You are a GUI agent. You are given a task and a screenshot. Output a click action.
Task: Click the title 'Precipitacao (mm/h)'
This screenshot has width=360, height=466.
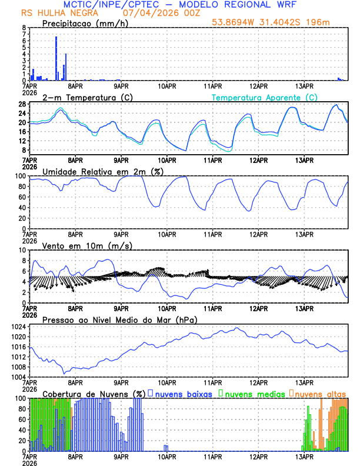pyautogui.click(x=85, y=23)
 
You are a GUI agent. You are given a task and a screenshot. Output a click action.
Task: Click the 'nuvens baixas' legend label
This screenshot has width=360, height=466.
pyautogui.click(x=185, y=394)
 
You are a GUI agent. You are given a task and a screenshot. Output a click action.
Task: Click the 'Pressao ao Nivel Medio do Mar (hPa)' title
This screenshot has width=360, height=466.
pyautogui.click(x=119, y=319)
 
